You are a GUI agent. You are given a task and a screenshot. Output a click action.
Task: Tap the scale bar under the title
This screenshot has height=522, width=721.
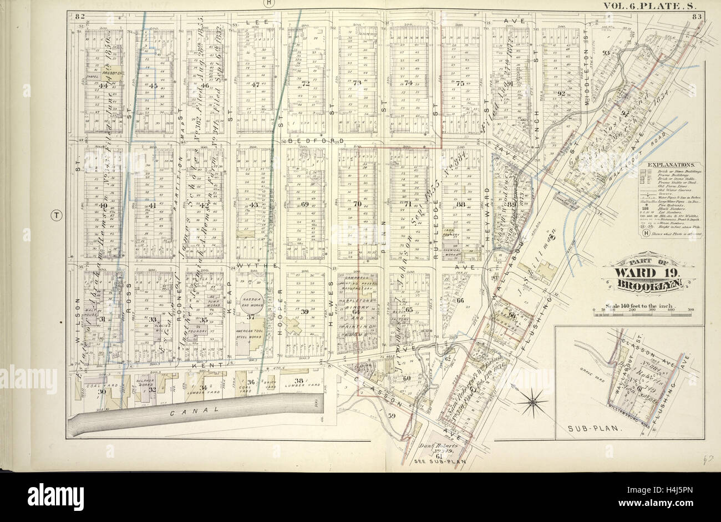pos(644,315)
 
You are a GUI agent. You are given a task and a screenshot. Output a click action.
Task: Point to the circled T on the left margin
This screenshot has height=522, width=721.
pos(56,216)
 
